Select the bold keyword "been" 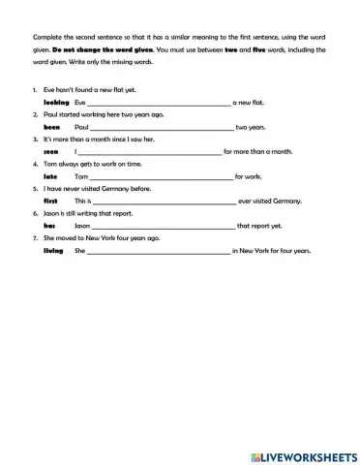click(x=52, y=127)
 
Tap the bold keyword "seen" click(x=52, y=151)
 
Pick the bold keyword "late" click(x=52, y=176)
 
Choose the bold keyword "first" click(x=52, y=201)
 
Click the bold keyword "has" click(x=50, y=226)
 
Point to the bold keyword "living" click(x=53, y=250)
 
